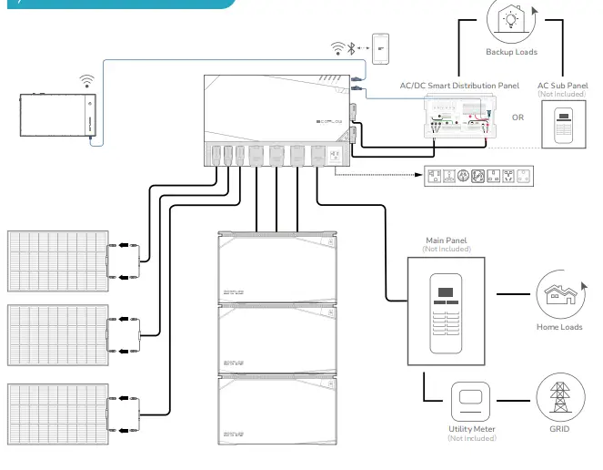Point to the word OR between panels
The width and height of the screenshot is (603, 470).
518,117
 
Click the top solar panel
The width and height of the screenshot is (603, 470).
57,259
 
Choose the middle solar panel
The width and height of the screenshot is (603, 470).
57,334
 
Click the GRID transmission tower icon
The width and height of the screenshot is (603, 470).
559,398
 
